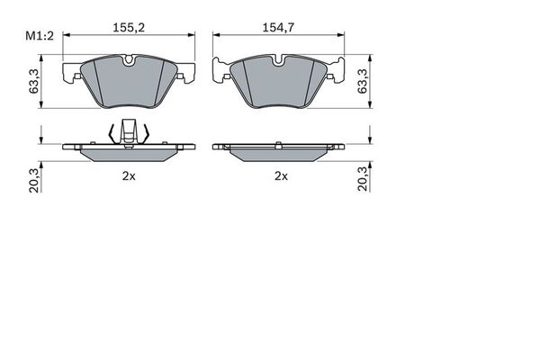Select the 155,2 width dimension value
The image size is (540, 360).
[129, 28]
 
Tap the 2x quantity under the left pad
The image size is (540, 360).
[129, 176]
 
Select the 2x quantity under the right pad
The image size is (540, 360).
[281, 176]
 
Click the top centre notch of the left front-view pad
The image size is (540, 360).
[129, 61]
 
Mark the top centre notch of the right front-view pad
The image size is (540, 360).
[280, 61]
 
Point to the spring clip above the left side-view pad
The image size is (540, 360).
[129, 132]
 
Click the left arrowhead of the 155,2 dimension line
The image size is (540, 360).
[66, 36]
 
